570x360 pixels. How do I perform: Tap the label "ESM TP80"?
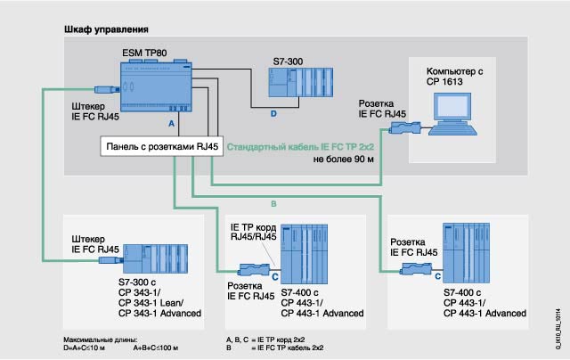(x=144, y=54)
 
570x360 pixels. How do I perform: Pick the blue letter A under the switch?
(x=170, y=117)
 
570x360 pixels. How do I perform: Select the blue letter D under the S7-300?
(x=273, y=114)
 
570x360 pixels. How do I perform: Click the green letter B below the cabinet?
(x=274, y=205)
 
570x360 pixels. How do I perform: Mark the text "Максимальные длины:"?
(x=94, y=340)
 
